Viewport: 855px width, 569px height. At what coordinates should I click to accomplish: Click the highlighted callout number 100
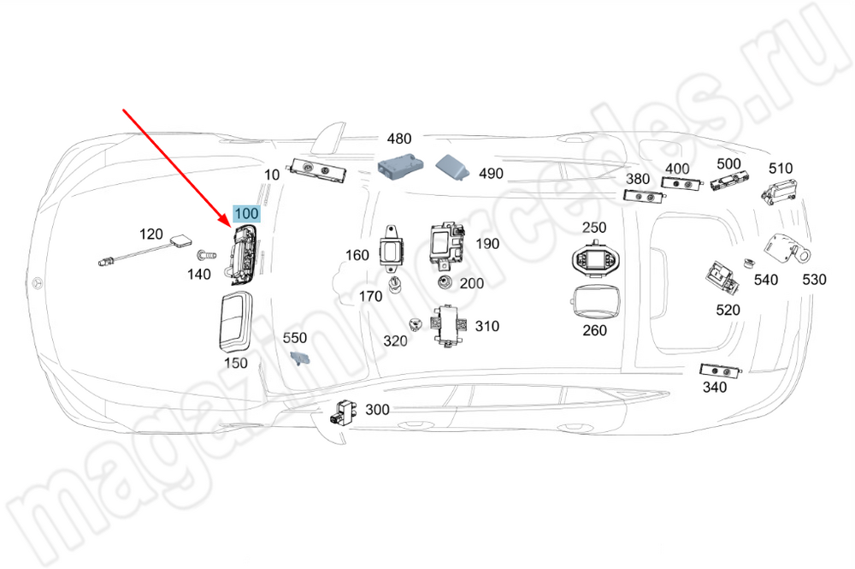(245, 213)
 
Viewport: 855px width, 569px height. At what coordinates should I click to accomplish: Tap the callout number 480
(399, 139)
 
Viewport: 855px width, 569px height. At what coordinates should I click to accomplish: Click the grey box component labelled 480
(399, 164)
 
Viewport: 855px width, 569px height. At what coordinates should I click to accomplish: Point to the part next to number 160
(392, 249)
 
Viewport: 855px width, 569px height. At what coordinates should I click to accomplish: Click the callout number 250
(594, 228)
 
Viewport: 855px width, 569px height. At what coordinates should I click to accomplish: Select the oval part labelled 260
(594, 300)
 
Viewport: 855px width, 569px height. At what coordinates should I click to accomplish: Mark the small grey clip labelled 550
(298, 358)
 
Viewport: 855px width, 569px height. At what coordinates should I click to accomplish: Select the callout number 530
(815, 280)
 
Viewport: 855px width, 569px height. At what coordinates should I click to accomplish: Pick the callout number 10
(272, 175)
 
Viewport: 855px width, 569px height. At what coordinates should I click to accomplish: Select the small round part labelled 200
(445, 283)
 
